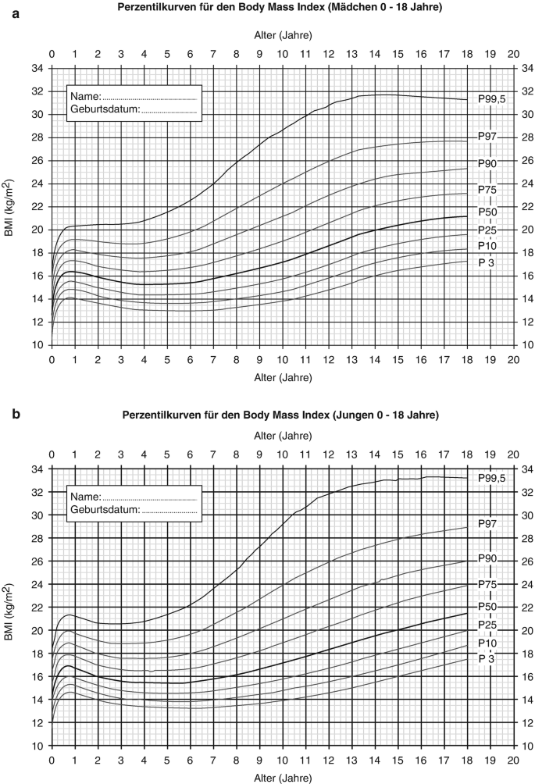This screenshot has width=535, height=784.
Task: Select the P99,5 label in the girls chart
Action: [x=493, y=100]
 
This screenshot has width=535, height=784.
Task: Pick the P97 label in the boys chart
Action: [x=488, y=523]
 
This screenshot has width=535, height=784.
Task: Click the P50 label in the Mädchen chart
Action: [x=488, y=212]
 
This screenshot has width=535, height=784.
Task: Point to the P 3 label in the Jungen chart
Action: [x=488, y=658]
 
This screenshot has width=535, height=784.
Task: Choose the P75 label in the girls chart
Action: [x=488, y=189]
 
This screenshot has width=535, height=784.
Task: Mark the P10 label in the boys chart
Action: [x=488, y=642]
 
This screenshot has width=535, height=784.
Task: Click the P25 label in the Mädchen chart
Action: [x=488, y=230]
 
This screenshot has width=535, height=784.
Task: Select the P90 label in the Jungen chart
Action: [x=488, y=560]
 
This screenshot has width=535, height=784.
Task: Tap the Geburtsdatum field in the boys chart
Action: [x=133, y=510]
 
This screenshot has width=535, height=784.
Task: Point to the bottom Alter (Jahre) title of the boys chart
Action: [x=283, y=779]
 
